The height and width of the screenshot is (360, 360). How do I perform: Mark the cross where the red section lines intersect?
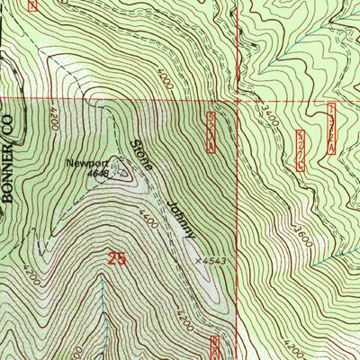[x=238, y=101]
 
